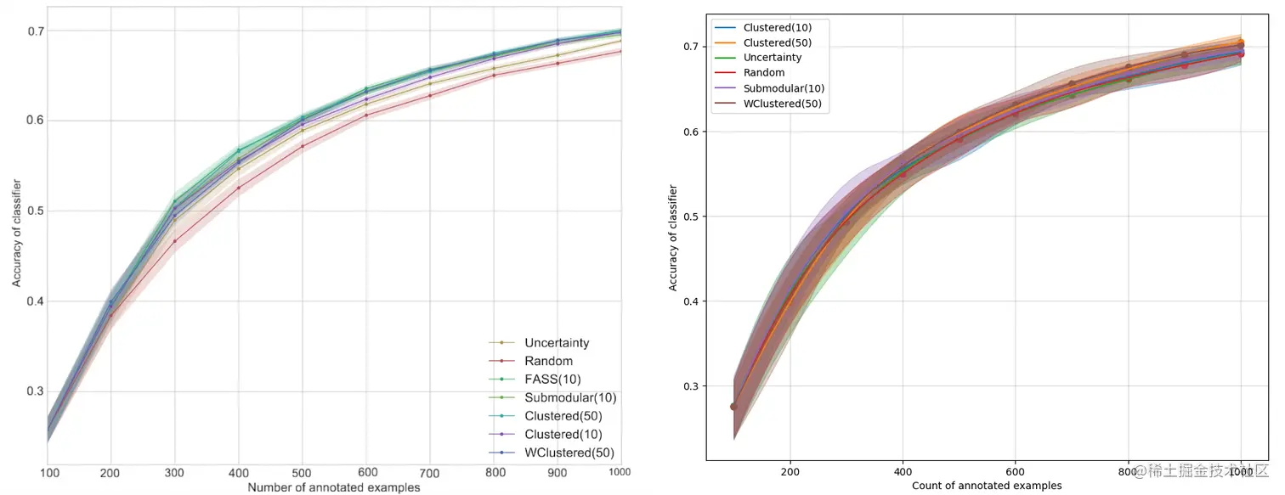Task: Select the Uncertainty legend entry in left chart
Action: pyautogui.click(x=557, y=343)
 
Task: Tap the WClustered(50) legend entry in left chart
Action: pyautogui.click(x=569, y=453)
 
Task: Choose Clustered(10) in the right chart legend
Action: pyautogui.click(x=777, y=27)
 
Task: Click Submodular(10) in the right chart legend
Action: pyautogui.click(x=784, y=88)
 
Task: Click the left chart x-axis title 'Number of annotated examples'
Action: pyautogui.click(x=333, y=487)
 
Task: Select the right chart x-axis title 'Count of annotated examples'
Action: pyautogui.click(x=987, y=486)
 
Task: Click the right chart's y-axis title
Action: pyautogui.click(x=673, y=238)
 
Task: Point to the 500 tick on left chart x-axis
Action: pyautogui.click(x=302, y=472)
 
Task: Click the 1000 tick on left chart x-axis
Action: pyautogui.click(x=619, y=472)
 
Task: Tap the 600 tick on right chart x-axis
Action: pyautogui.click(x=1015, y=471)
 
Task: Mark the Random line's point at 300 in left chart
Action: pyautogui.click(x=175, y=241)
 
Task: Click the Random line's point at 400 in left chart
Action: pyautogui.click(x=239, y=188)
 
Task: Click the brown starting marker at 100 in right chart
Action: pyautogui.click(x=734, y=407)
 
